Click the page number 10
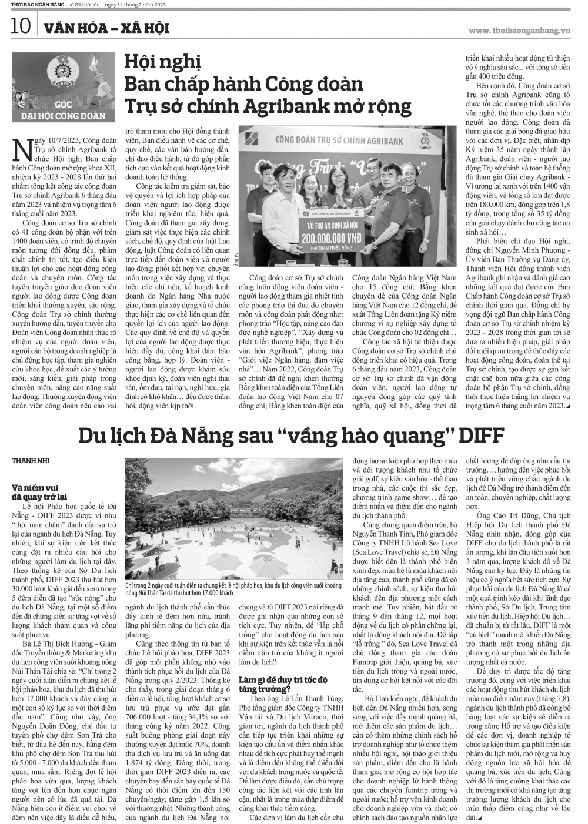[20, 26]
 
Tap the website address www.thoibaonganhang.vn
[520, 29]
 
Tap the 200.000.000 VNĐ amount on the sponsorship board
[334, 239]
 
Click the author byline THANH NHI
[28, 461]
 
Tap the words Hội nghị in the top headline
[162, 61]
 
